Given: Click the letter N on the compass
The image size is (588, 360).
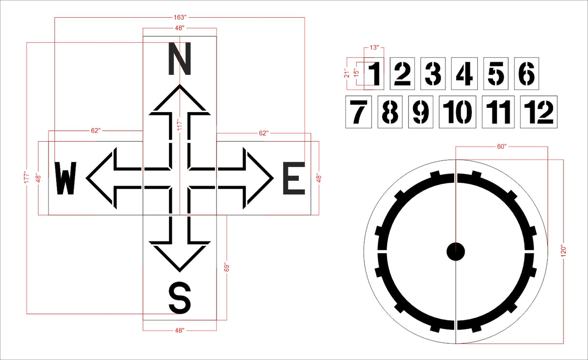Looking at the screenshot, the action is (x=179, y=59).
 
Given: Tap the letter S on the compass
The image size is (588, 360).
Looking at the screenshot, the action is (x=179, y=298).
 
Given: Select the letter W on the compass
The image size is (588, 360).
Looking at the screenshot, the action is (x=66, y=178).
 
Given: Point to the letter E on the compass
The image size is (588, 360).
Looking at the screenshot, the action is (x=294, y=178).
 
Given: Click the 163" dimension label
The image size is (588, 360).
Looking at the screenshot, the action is (x=180, y=17).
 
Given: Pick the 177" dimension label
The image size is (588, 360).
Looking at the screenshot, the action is (x=26, y=178).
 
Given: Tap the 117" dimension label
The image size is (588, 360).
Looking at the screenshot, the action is (x=180, y=125).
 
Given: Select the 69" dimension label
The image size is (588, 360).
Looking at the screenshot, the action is (x=227, y=267).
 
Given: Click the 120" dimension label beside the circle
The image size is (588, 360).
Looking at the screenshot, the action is (x=563, y=251).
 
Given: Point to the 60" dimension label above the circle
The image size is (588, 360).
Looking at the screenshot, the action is (x=501, y=146).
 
